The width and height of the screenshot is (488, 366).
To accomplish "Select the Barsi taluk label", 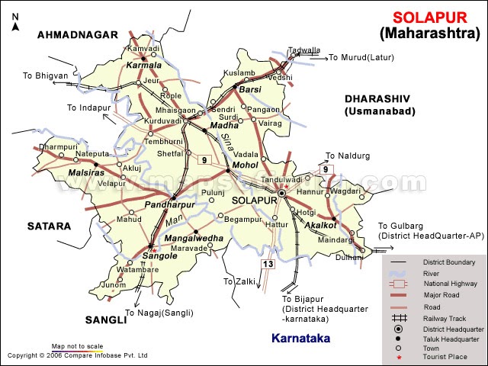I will (x=249, y=90).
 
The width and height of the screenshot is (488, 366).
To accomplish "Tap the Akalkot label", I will (x=320, y=226).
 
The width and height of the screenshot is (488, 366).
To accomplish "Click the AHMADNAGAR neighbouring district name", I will (x=78, y=34).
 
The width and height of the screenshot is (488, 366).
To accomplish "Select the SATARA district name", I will (x=49, y=226).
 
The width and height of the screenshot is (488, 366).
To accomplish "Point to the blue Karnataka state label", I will (x=305, y=338).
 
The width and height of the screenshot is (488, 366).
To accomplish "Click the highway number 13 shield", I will (x=267, y=264).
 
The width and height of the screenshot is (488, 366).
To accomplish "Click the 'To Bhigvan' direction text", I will (x=45, y=75).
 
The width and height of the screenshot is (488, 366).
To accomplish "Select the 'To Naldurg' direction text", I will (x=348, y=156).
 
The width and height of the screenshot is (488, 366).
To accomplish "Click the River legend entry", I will (x=432, y=272).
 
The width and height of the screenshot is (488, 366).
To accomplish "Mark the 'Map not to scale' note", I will (x=77, y=346).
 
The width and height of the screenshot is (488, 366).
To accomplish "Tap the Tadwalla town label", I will (x=304, y=50).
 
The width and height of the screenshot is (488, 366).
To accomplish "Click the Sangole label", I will (x=161, y=256).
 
